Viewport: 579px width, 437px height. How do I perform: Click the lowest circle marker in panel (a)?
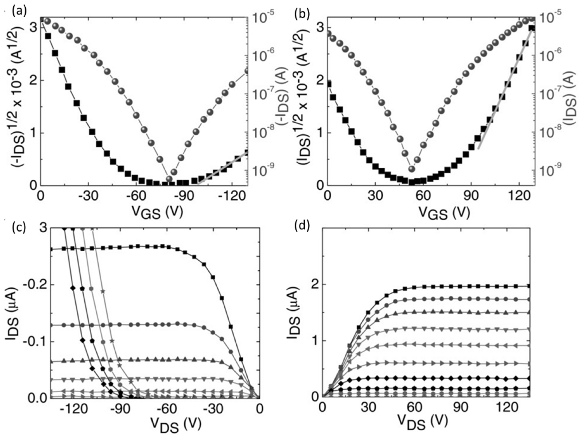tap(169, 179)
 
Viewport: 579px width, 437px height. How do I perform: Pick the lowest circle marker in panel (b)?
tap(412, 169)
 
